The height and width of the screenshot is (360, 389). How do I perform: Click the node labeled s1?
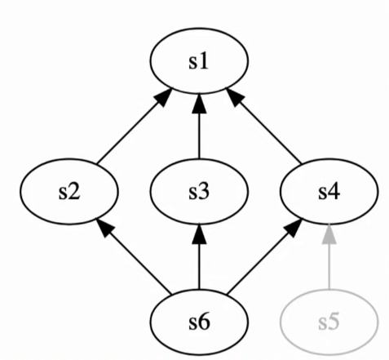(198, 63)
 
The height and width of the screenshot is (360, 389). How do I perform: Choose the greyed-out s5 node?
(328, 320)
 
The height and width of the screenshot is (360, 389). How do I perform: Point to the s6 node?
(198, 320)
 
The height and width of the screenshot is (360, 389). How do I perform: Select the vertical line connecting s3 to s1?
(198, 135)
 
